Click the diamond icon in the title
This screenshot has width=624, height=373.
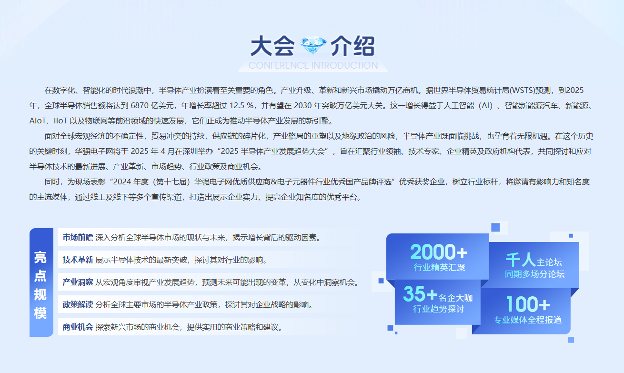coord(312,45)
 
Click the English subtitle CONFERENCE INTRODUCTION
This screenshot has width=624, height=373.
coord(313,65)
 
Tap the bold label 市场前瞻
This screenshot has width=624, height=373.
coord(78,237)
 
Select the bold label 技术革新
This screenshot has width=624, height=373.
coord(78,260)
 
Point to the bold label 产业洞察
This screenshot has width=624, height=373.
coord(78,282)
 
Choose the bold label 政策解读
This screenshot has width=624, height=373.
coord(78,304)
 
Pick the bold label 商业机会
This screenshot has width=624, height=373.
coord(78,327)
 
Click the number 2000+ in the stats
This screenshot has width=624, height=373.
coord(439,252)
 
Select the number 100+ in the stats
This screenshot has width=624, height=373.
coord(528,304)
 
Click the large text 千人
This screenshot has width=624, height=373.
coord(520,260)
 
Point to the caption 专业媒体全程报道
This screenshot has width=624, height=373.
coord(528,320)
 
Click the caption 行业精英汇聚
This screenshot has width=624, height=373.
coord(439,267)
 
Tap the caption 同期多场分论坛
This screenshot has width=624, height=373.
coord(534,274)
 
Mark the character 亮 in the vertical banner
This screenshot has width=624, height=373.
coord(40,257)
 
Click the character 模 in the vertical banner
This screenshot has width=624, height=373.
coord(40,313)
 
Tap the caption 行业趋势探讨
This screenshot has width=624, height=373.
coord(439,309)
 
